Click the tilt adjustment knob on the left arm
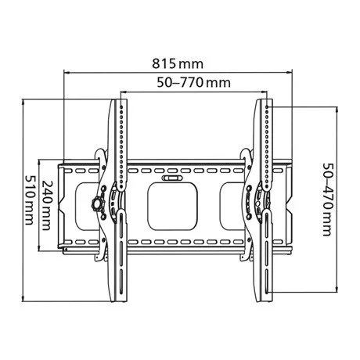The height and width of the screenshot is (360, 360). click(x=97, y=203)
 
